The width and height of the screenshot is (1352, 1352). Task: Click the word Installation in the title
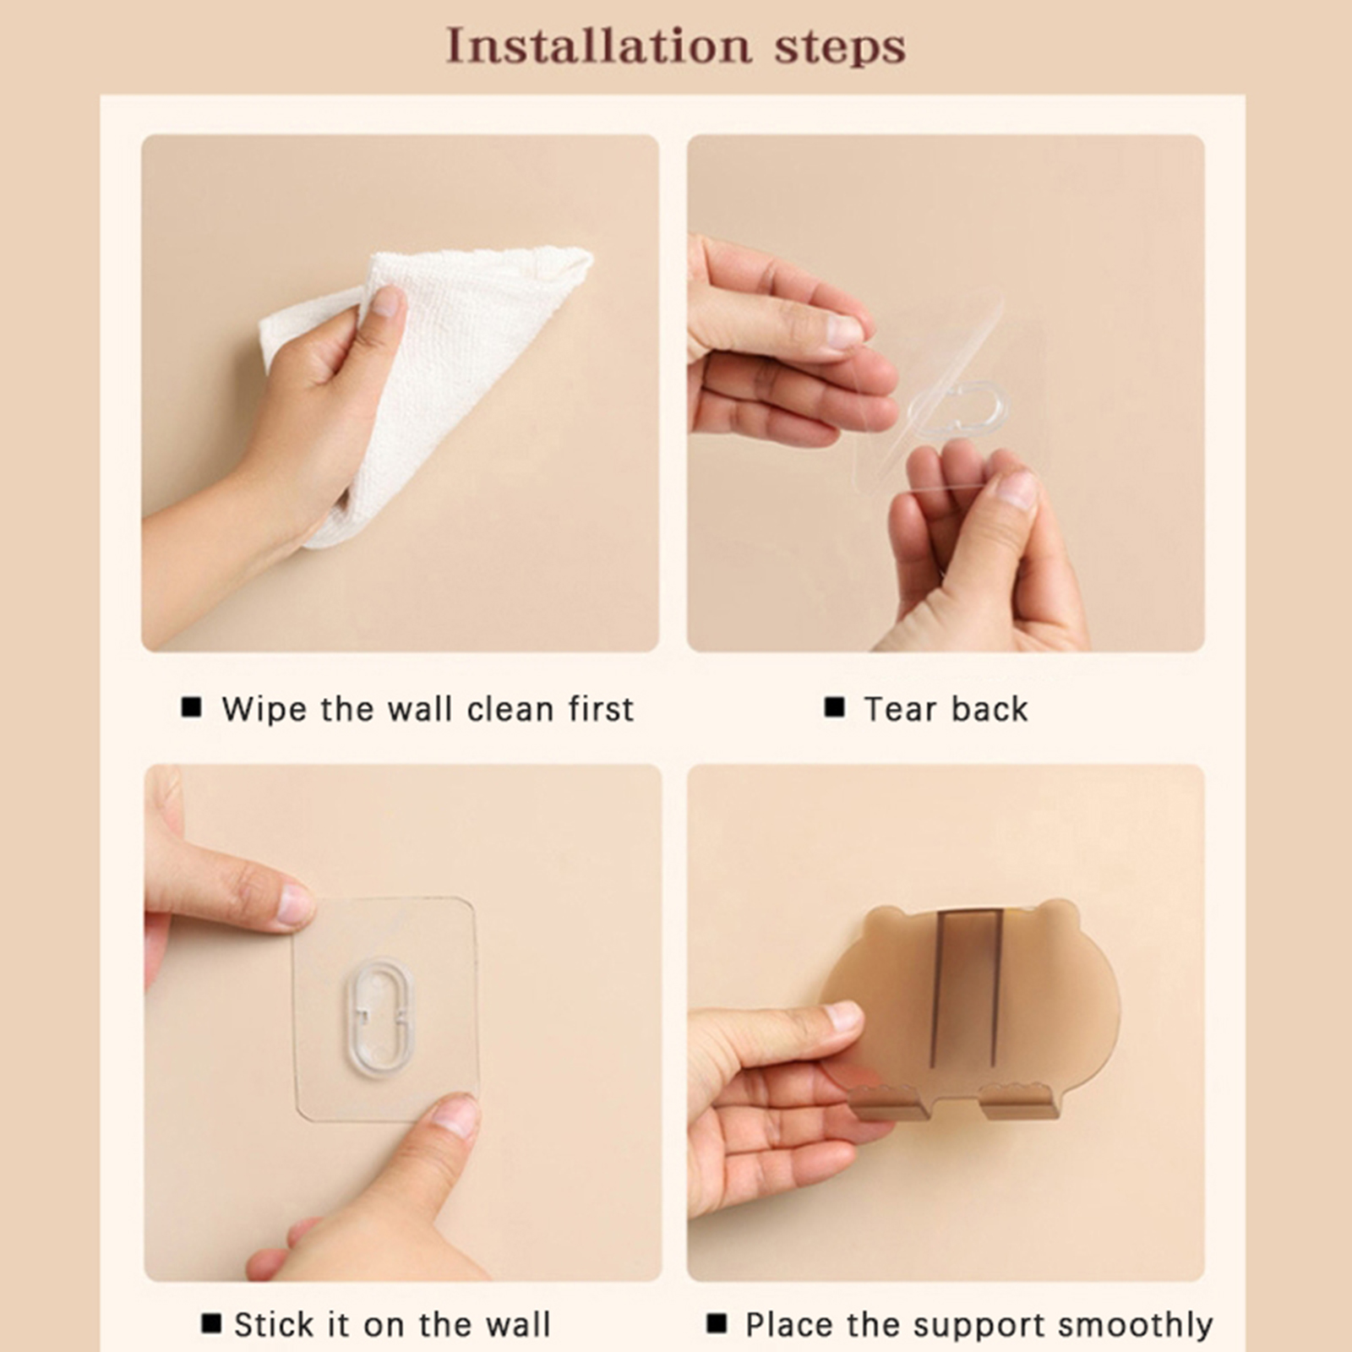point(598,46)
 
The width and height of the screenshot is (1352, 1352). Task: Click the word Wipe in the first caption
point(263,709)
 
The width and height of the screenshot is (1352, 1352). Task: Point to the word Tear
point(898,709)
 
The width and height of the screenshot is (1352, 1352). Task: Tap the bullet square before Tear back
point(835,706)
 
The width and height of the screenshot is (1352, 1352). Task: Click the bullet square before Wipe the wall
point(192,706)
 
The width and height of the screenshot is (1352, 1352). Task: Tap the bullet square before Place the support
point(717,1322)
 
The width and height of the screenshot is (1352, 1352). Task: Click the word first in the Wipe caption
point(601,709)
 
